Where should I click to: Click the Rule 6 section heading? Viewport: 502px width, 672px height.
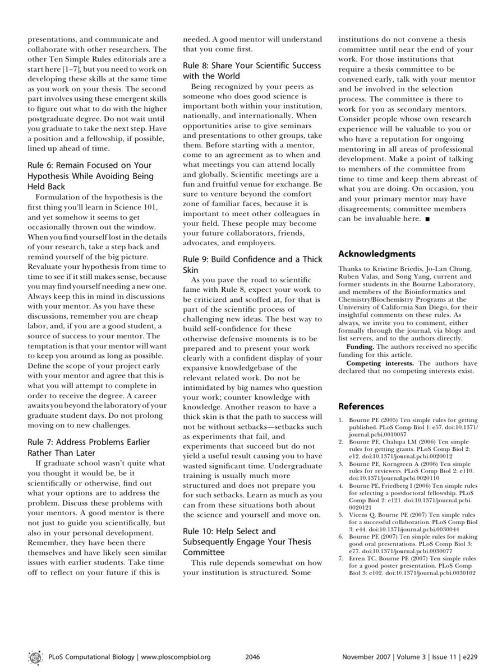pos(90,175)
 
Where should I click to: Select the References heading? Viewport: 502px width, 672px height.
pos(361,406)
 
